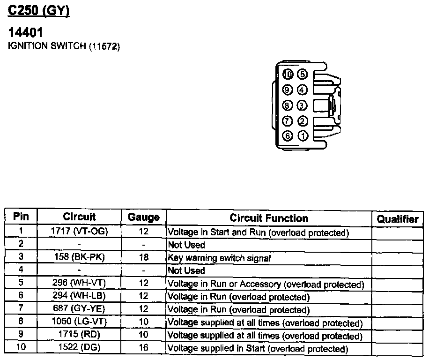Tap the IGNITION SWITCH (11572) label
(x=64, y=46)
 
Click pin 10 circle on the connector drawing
(x=288, y=74)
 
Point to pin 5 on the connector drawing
(x=303, y=74)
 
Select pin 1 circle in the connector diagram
(x=303, y=136)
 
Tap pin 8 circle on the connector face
(x=288, y=105)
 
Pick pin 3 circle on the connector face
(x=303, y=105)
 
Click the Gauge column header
(x=143, y=217)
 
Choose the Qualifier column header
(x=398, y=219)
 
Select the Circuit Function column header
(x=269, y=218)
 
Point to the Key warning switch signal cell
(x=219, y=258)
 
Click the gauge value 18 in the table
(x=143, y=257)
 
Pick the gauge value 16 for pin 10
(x=143, y=348)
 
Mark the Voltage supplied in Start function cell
(x=258, y=349)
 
